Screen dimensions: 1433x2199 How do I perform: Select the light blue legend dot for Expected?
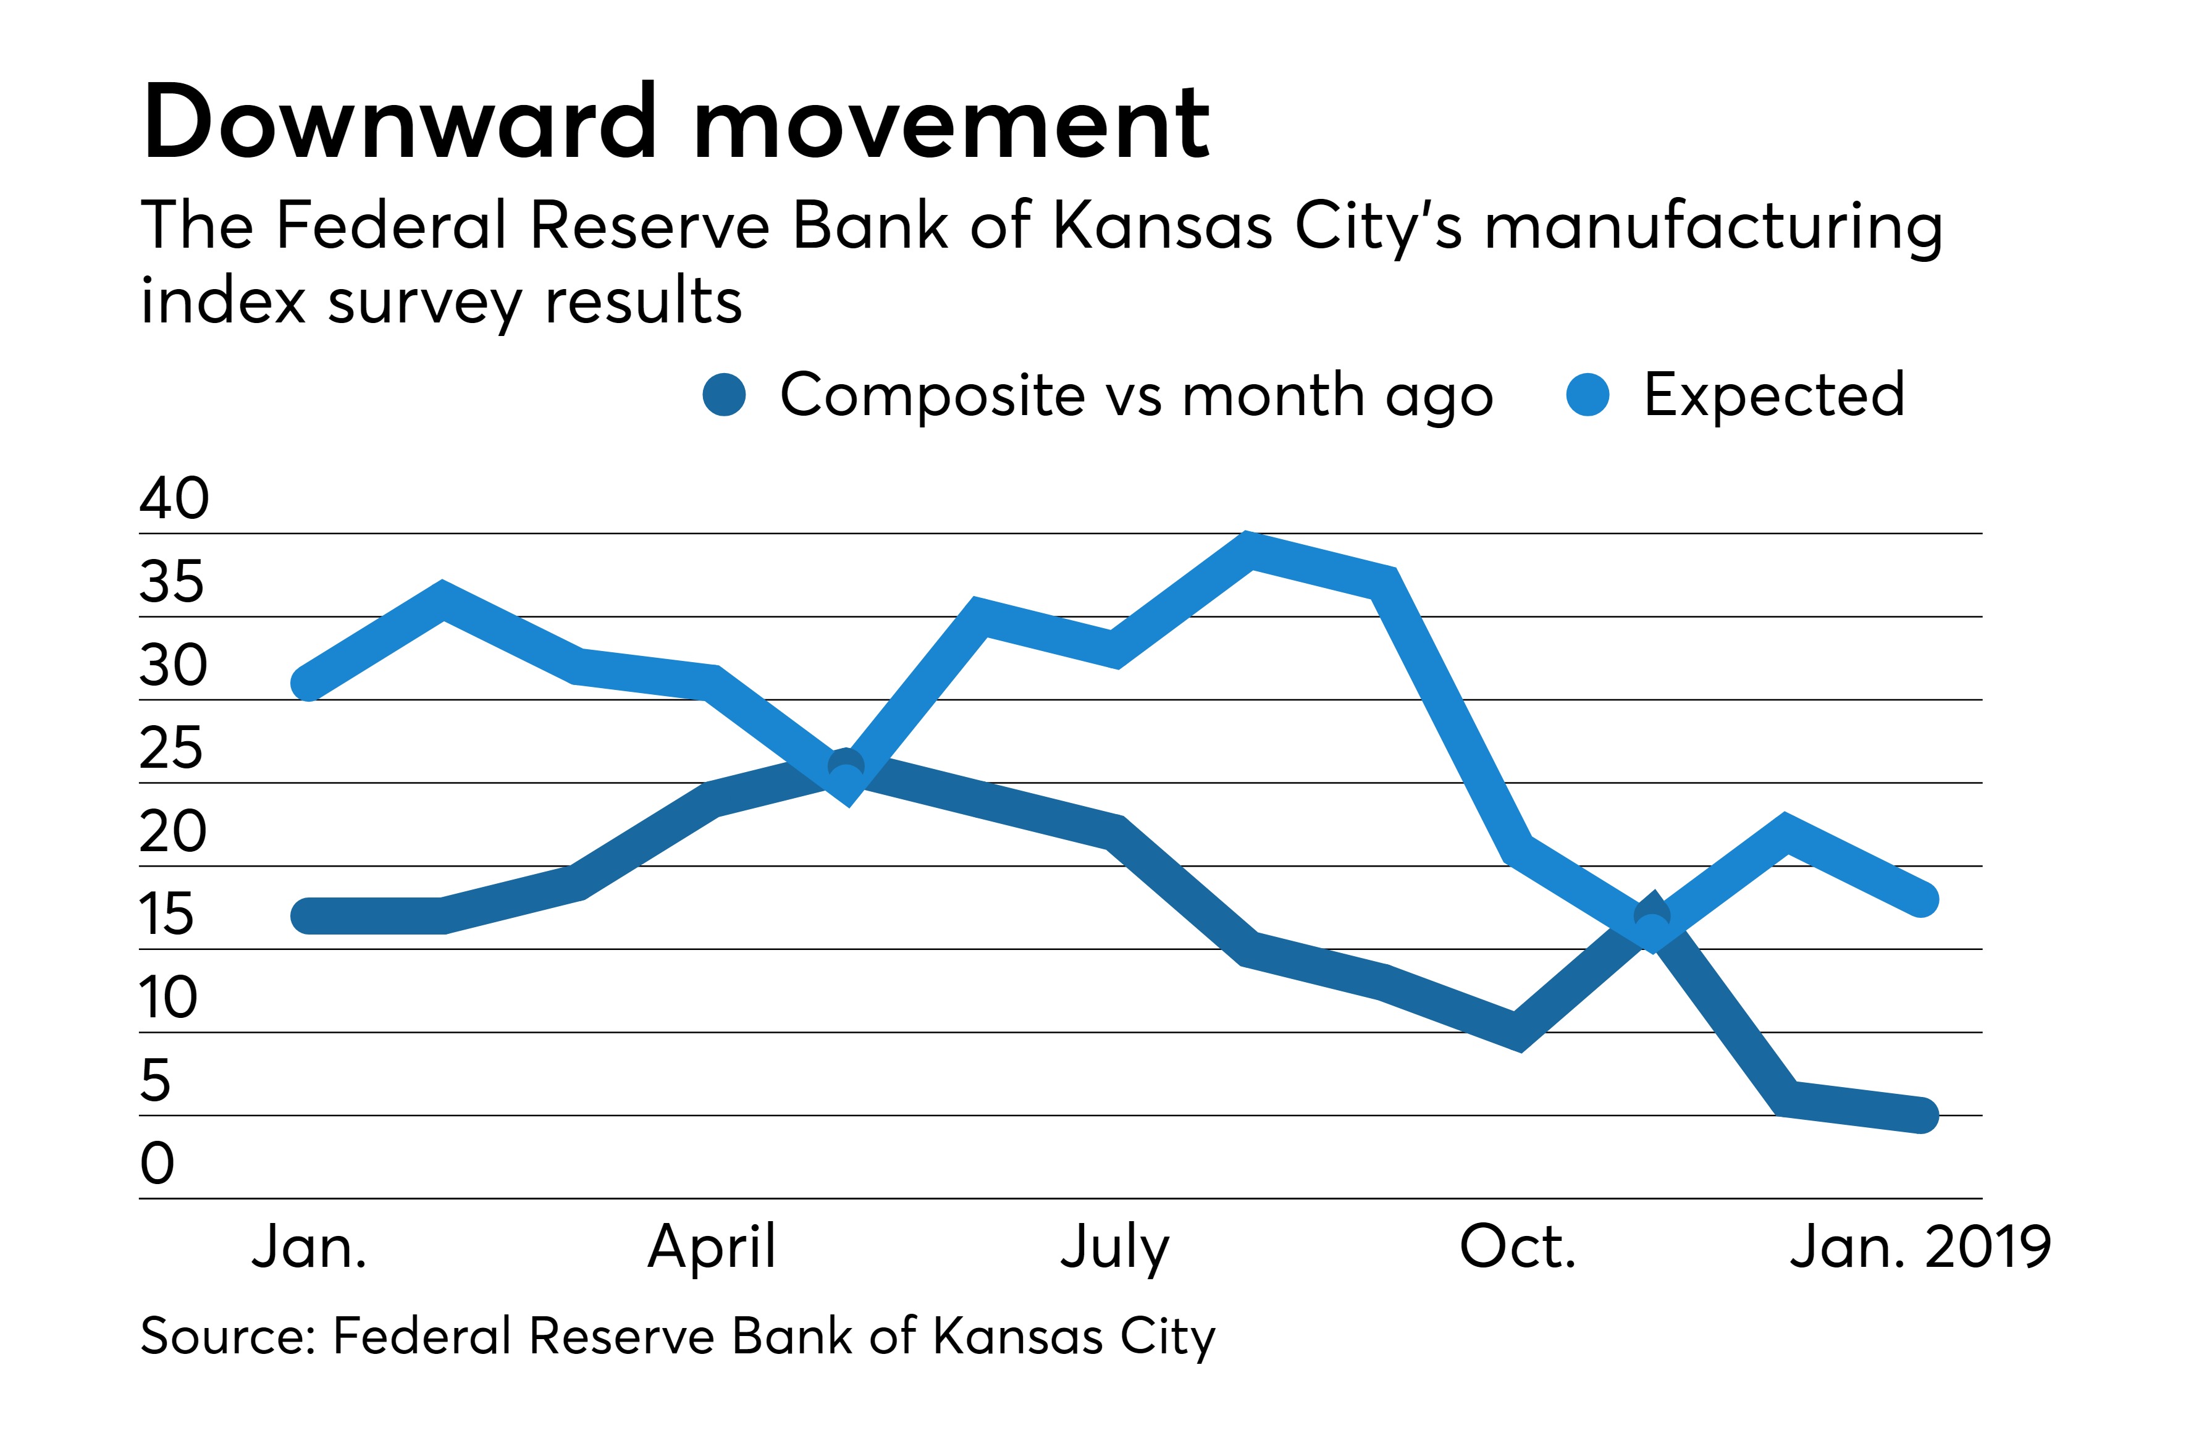click(x=1587, y=395)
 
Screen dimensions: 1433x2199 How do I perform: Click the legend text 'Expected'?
click(x=1774, y=395)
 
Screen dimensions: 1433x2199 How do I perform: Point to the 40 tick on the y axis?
click(x=175, y=499)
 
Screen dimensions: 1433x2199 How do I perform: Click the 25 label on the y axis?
click(x=171, y=749)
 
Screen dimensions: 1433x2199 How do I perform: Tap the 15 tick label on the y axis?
click(x=167, y=915)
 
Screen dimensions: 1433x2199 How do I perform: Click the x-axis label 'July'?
click(x=1114, y=1247)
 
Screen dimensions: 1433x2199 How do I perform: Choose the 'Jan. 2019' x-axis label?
click(x=1920, y=1247)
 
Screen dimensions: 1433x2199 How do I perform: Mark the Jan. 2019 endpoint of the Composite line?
click(x=1922, y=1115)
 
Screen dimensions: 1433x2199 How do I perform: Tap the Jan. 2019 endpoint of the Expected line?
click(x=1922, y=898)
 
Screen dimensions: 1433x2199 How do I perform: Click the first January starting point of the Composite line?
click(x=308, y=915)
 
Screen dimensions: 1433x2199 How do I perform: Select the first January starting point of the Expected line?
click(x=308, y=684)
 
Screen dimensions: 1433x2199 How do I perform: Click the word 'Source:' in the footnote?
click(x=228, y=1336)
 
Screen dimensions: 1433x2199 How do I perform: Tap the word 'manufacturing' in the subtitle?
click(x=1713, y=226)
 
